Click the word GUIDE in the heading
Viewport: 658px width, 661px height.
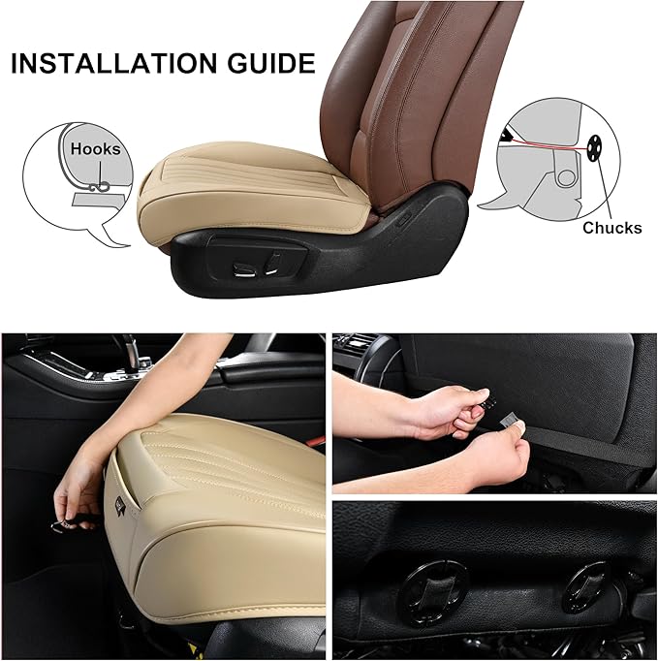[272, 63]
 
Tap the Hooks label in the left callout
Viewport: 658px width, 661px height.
[95, 149]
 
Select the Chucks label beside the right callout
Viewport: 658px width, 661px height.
[612, 228]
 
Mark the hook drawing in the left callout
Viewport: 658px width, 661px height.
[101, 188]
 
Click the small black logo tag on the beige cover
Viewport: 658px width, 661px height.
[122, 505]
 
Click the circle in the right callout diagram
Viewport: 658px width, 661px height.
[566, 177]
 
